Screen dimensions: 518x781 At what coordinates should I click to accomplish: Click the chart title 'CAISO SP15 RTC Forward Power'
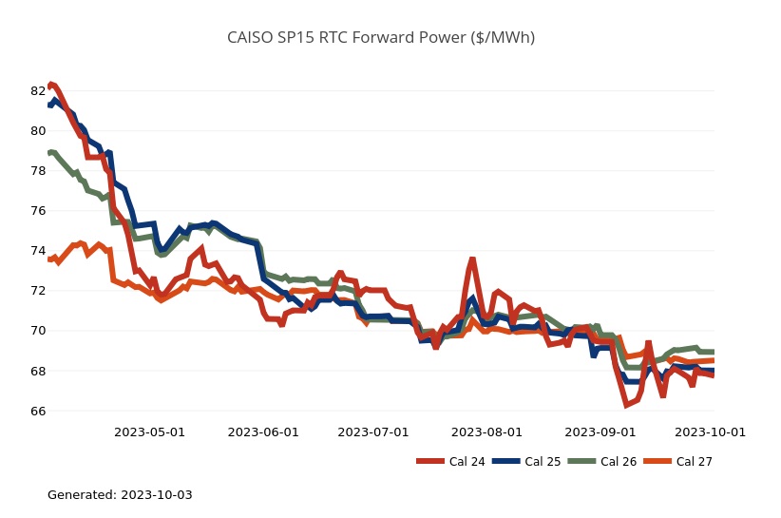coord(380,38)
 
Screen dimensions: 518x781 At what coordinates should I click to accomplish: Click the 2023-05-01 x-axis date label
coord(149,432)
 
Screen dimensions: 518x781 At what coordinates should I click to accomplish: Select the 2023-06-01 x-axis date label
coord(263,432)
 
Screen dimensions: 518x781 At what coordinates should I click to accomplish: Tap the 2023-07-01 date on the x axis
coord(373,432)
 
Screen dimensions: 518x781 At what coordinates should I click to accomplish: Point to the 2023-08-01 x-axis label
coord(487,432)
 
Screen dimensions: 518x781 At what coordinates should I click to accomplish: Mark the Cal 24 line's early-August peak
coord(472,259)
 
